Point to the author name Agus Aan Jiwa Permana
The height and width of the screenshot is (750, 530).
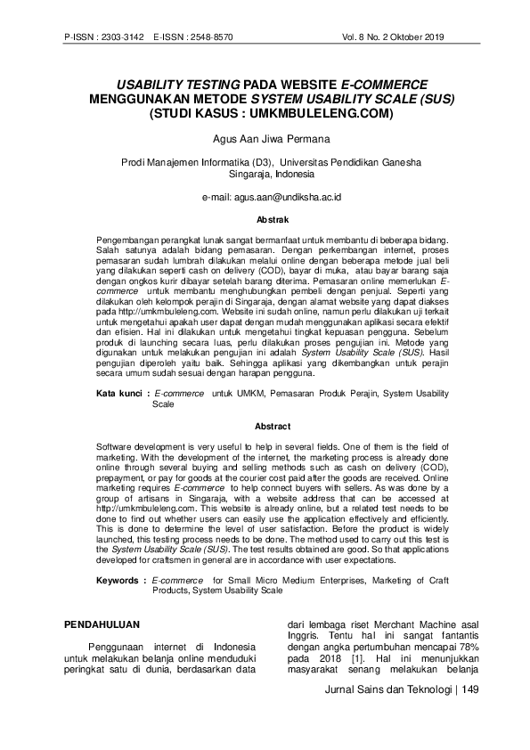[265, 139]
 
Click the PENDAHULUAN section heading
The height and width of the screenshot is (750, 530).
[102, 627]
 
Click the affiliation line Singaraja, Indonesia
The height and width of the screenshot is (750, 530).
[265, 175]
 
